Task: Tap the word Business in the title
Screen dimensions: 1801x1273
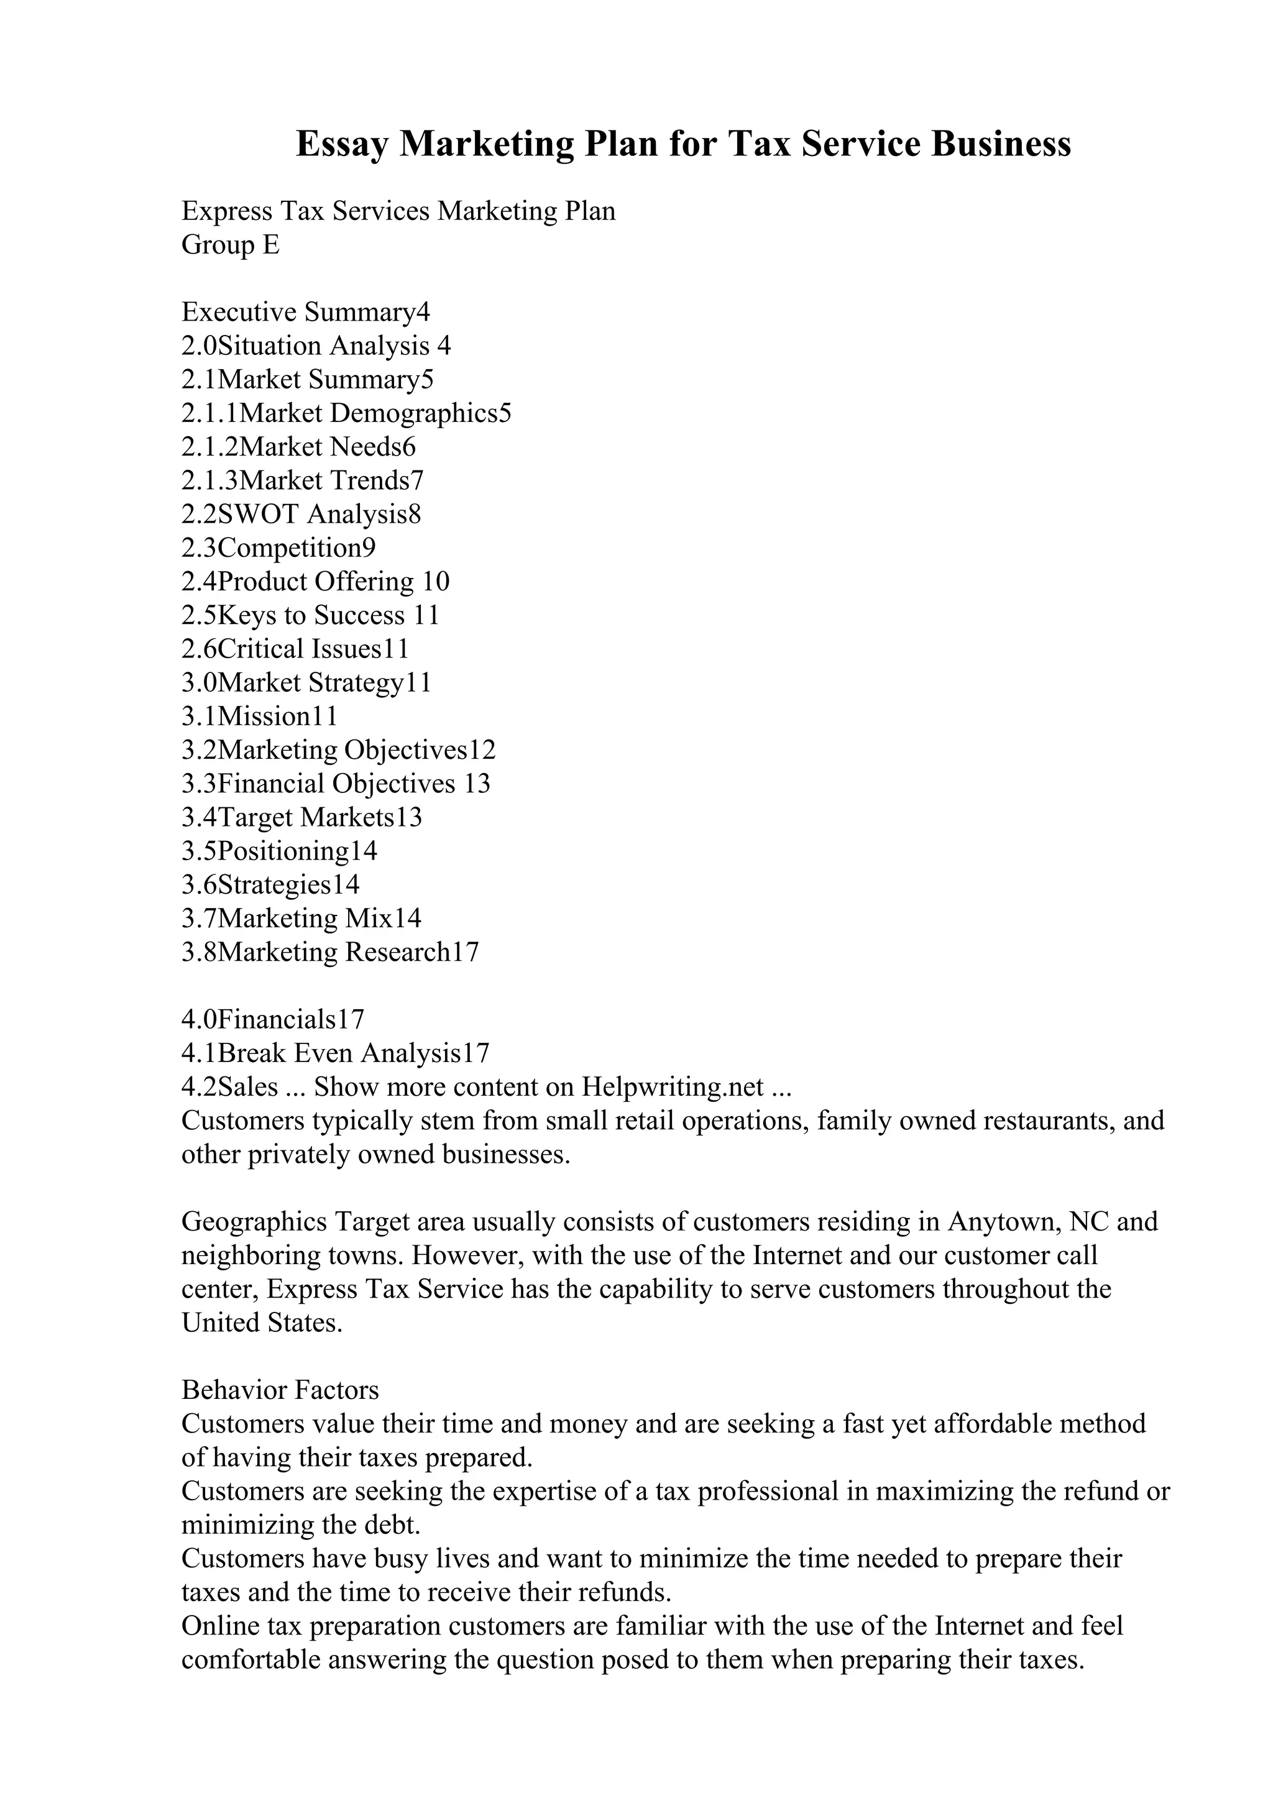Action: (x=1001, y=144)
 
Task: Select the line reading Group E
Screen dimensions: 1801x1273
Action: (x=230, y=245)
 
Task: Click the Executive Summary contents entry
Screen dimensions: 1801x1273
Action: (x=306, y=312)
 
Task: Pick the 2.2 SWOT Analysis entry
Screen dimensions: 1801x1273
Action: (x=301, y=514)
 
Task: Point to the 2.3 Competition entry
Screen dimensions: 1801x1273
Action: (x=278, y=548)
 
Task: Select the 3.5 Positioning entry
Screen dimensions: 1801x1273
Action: (x=279, y=851)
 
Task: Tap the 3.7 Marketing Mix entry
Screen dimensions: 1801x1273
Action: (x=301, y=918)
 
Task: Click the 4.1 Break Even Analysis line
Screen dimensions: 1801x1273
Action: (x=335, y=1053)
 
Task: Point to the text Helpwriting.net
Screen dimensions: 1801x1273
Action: (x=672, y=1086)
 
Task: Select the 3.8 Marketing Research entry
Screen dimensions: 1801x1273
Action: (x=329, y=951)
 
